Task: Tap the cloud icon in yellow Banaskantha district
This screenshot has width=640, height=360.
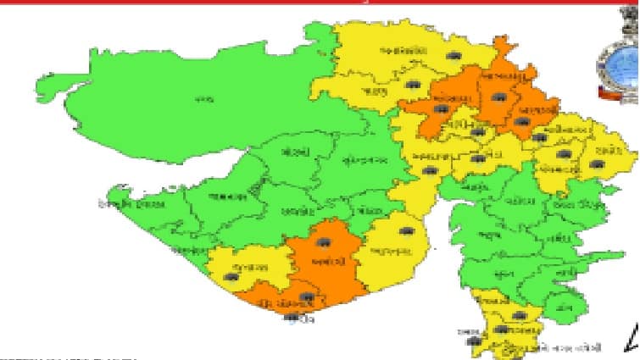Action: (x=454, y=55)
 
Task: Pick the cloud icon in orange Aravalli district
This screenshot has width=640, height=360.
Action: (x=521, y=122)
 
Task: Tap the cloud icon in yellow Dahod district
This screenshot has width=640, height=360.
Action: (x=598, y=163)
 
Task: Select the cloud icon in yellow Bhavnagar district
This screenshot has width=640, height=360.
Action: (x=407, y=231)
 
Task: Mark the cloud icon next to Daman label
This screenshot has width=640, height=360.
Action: (x=472, y=341)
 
